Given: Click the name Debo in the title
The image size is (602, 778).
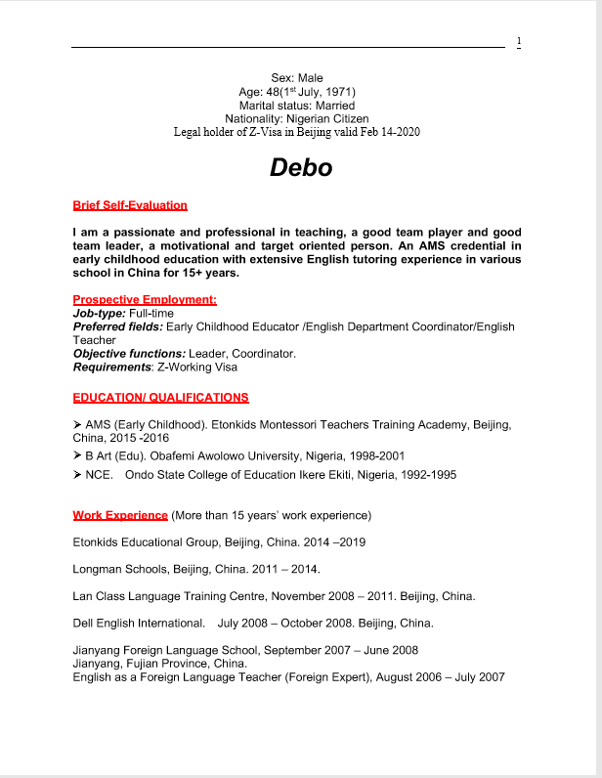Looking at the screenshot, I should click(x=301, y=168).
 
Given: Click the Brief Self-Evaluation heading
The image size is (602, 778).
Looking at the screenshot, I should click(x=130, y=205).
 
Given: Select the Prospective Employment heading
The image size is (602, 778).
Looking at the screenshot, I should click(x=145, y=299).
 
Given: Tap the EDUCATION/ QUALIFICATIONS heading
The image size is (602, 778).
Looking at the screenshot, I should click(x=160, y=398).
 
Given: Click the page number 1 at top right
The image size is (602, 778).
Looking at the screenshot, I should click(x=519, y=41).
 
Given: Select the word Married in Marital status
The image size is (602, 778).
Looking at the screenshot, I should click(x=334, y=105).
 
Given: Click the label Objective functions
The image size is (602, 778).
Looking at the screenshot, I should click(x=129, y=353).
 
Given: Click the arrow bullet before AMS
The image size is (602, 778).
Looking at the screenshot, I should click(x=78, y=425).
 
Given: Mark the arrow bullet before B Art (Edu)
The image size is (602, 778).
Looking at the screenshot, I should click(x=78, y=456).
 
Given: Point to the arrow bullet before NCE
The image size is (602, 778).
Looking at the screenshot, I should click(x=78, y=475).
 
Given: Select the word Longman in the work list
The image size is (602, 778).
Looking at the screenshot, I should click(x=97, y=569).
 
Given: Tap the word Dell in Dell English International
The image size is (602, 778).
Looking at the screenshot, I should click(x=85, y=623).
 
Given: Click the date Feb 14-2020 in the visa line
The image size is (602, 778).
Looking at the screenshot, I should click(x=385, y=132).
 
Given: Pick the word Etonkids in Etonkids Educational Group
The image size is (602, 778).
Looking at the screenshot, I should click(x=97, y=541).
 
